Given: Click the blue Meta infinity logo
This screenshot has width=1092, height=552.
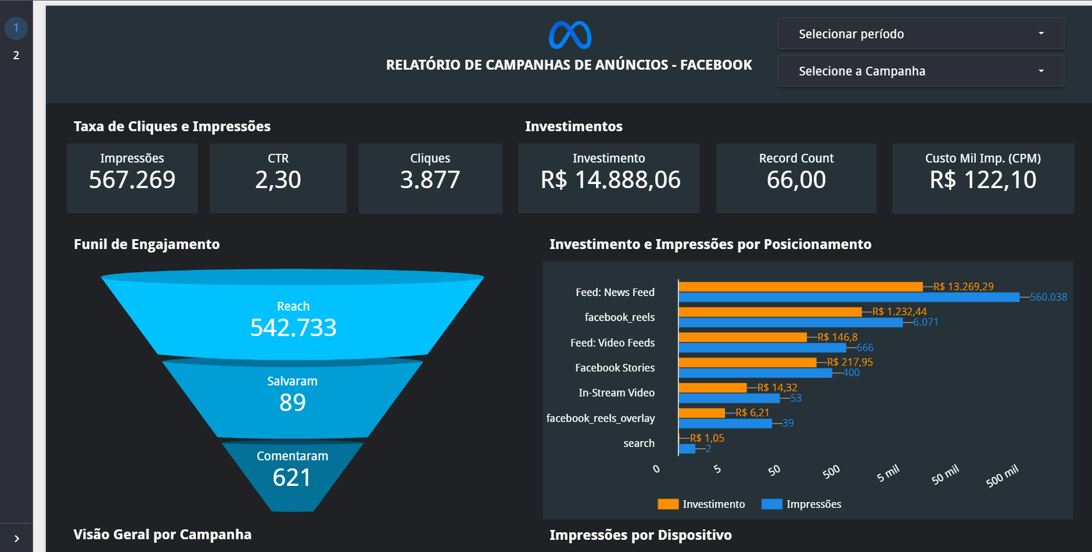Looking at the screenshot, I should (x=570, y=35).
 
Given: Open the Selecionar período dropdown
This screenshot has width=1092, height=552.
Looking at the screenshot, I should (x=921, y=34).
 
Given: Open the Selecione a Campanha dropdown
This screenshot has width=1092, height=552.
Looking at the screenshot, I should (x=921, y=71).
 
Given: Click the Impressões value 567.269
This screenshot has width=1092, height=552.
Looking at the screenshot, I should (x=132, y=180).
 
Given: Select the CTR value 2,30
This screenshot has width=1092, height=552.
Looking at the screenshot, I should (x=278, y=180).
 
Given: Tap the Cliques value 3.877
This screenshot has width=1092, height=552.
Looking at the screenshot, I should (x=430, y=180).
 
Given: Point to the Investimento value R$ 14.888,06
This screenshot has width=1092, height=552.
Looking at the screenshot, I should (x=610, y=180).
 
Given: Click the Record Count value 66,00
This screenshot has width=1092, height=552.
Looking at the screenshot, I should (x=796, y=180).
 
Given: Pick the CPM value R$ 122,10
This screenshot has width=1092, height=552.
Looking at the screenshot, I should (x=983, y=180).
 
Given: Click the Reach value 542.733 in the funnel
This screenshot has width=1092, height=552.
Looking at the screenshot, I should (x=293, y=328).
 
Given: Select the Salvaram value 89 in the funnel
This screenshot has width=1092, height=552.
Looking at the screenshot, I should (x=292, y=402).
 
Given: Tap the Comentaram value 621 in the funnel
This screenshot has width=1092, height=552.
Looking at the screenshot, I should (x=292, y=477).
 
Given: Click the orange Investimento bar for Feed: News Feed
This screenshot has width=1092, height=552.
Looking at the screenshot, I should (x=800, y=287).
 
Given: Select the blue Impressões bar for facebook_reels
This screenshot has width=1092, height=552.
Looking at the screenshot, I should (x=790, y=322).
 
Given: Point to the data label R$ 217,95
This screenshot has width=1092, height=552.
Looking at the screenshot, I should (x=850, y=362).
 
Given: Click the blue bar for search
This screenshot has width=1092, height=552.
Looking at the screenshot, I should (x=687, y=449).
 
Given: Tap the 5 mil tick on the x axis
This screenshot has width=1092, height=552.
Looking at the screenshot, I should (x=888, y=473).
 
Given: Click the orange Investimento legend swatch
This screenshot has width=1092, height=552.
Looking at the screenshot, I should (x=668, y=504).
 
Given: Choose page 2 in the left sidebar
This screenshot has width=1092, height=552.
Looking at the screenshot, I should (x=16, y=55).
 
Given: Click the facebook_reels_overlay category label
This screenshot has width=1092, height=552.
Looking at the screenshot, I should (x=601, y=418).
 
